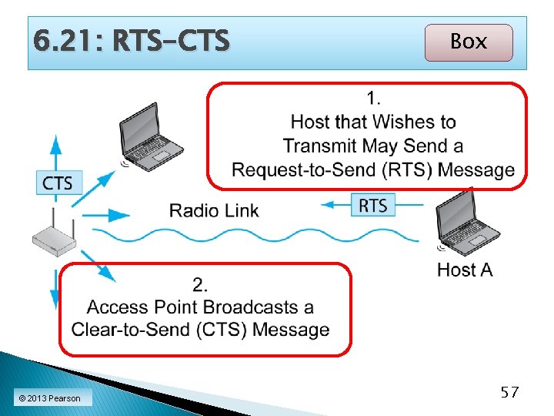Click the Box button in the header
tap(468, 42)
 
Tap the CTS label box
tap(58, 183)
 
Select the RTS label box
tap(373, 204)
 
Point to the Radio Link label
tap(214, 210)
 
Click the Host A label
tap(465, 270)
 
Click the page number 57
tap(509, 393)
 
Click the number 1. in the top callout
tap(374, 98)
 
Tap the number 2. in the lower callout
tap(200, 285)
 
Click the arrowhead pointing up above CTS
tap(55, 143)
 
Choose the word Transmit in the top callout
tap(322, 146)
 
